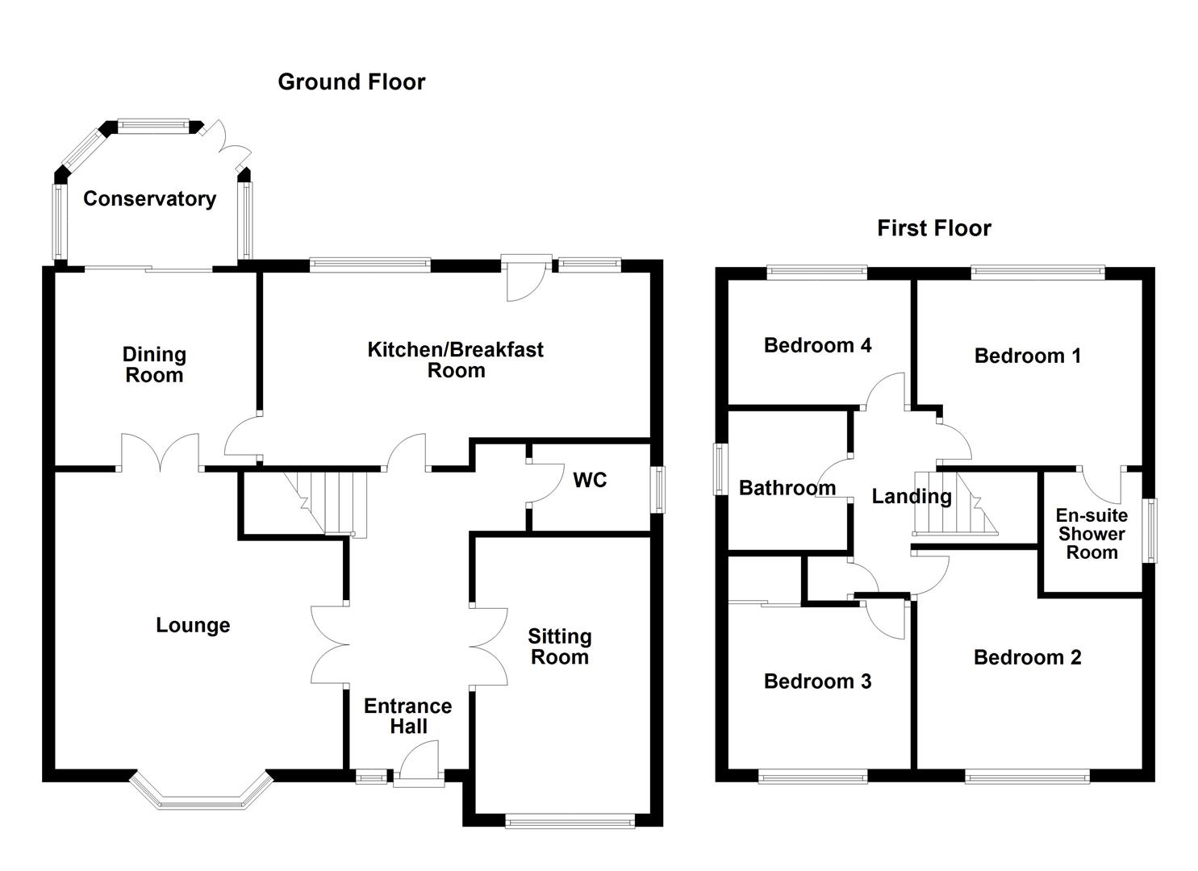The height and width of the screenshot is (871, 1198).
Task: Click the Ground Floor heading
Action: point(351,81)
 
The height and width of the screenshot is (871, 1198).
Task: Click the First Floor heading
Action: point(933,228)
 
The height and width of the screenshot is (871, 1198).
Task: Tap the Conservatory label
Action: point(149,198)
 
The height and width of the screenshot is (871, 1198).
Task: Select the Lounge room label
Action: point(193,625)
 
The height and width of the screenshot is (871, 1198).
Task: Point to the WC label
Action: point(589,480)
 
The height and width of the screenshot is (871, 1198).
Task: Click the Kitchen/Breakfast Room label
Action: point(456,360)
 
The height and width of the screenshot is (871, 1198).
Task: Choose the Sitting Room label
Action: point(559,647)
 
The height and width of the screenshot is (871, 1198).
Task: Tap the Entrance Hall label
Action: point(407,716)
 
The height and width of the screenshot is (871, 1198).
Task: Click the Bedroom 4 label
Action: point(817,345)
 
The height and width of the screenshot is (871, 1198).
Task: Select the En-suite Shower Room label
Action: point(1092,534)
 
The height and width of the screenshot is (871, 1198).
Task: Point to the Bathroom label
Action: point(787,488)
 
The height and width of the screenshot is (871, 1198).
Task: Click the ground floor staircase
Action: point(331,503)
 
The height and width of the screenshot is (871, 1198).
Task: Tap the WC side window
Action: point(660,490)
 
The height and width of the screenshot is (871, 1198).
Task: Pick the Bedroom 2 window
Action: point(1027,777)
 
